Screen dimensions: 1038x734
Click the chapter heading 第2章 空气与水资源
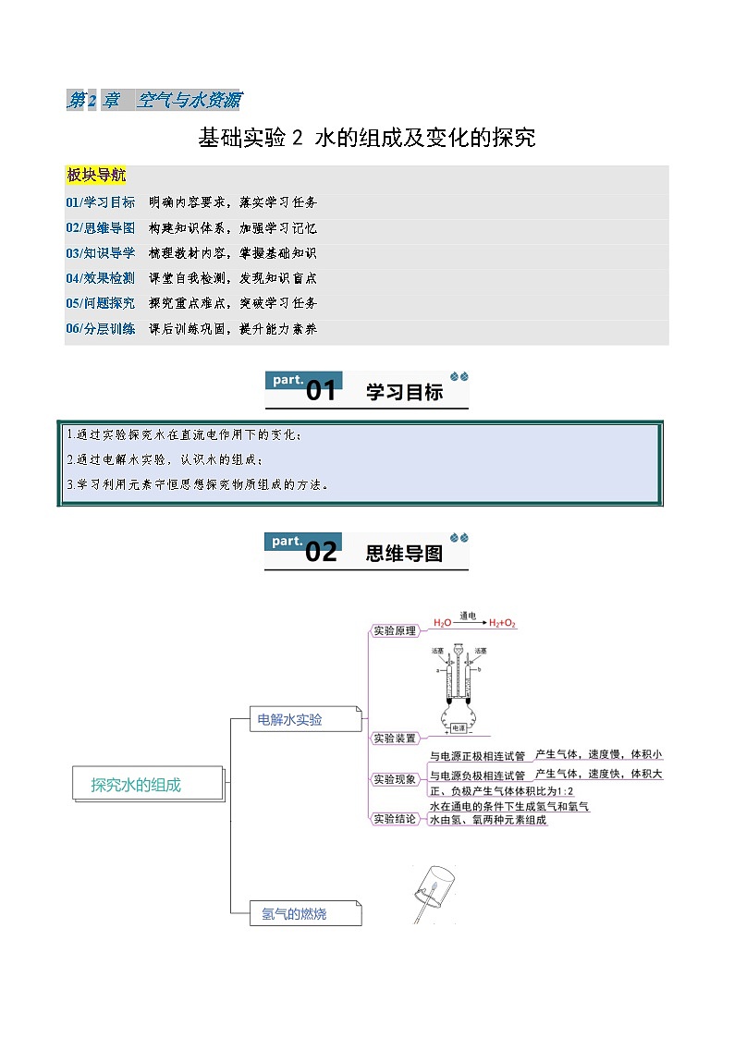tap(153, 101)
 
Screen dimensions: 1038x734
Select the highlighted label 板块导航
tap(96, 176)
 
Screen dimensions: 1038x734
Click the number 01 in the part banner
tap(321, 392)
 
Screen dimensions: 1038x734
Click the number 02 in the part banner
tap(321, 553)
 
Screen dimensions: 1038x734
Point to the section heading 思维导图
tap(404, 554)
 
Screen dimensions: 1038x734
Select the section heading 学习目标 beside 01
tap(404, 393)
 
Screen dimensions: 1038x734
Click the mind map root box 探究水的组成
tap(136, 785)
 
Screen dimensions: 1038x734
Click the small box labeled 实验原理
tap(394, 631)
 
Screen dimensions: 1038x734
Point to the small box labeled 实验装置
tap(394, 739)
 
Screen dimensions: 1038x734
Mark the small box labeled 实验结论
tap(394, 819)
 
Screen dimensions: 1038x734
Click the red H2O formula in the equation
tap(442, 624)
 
